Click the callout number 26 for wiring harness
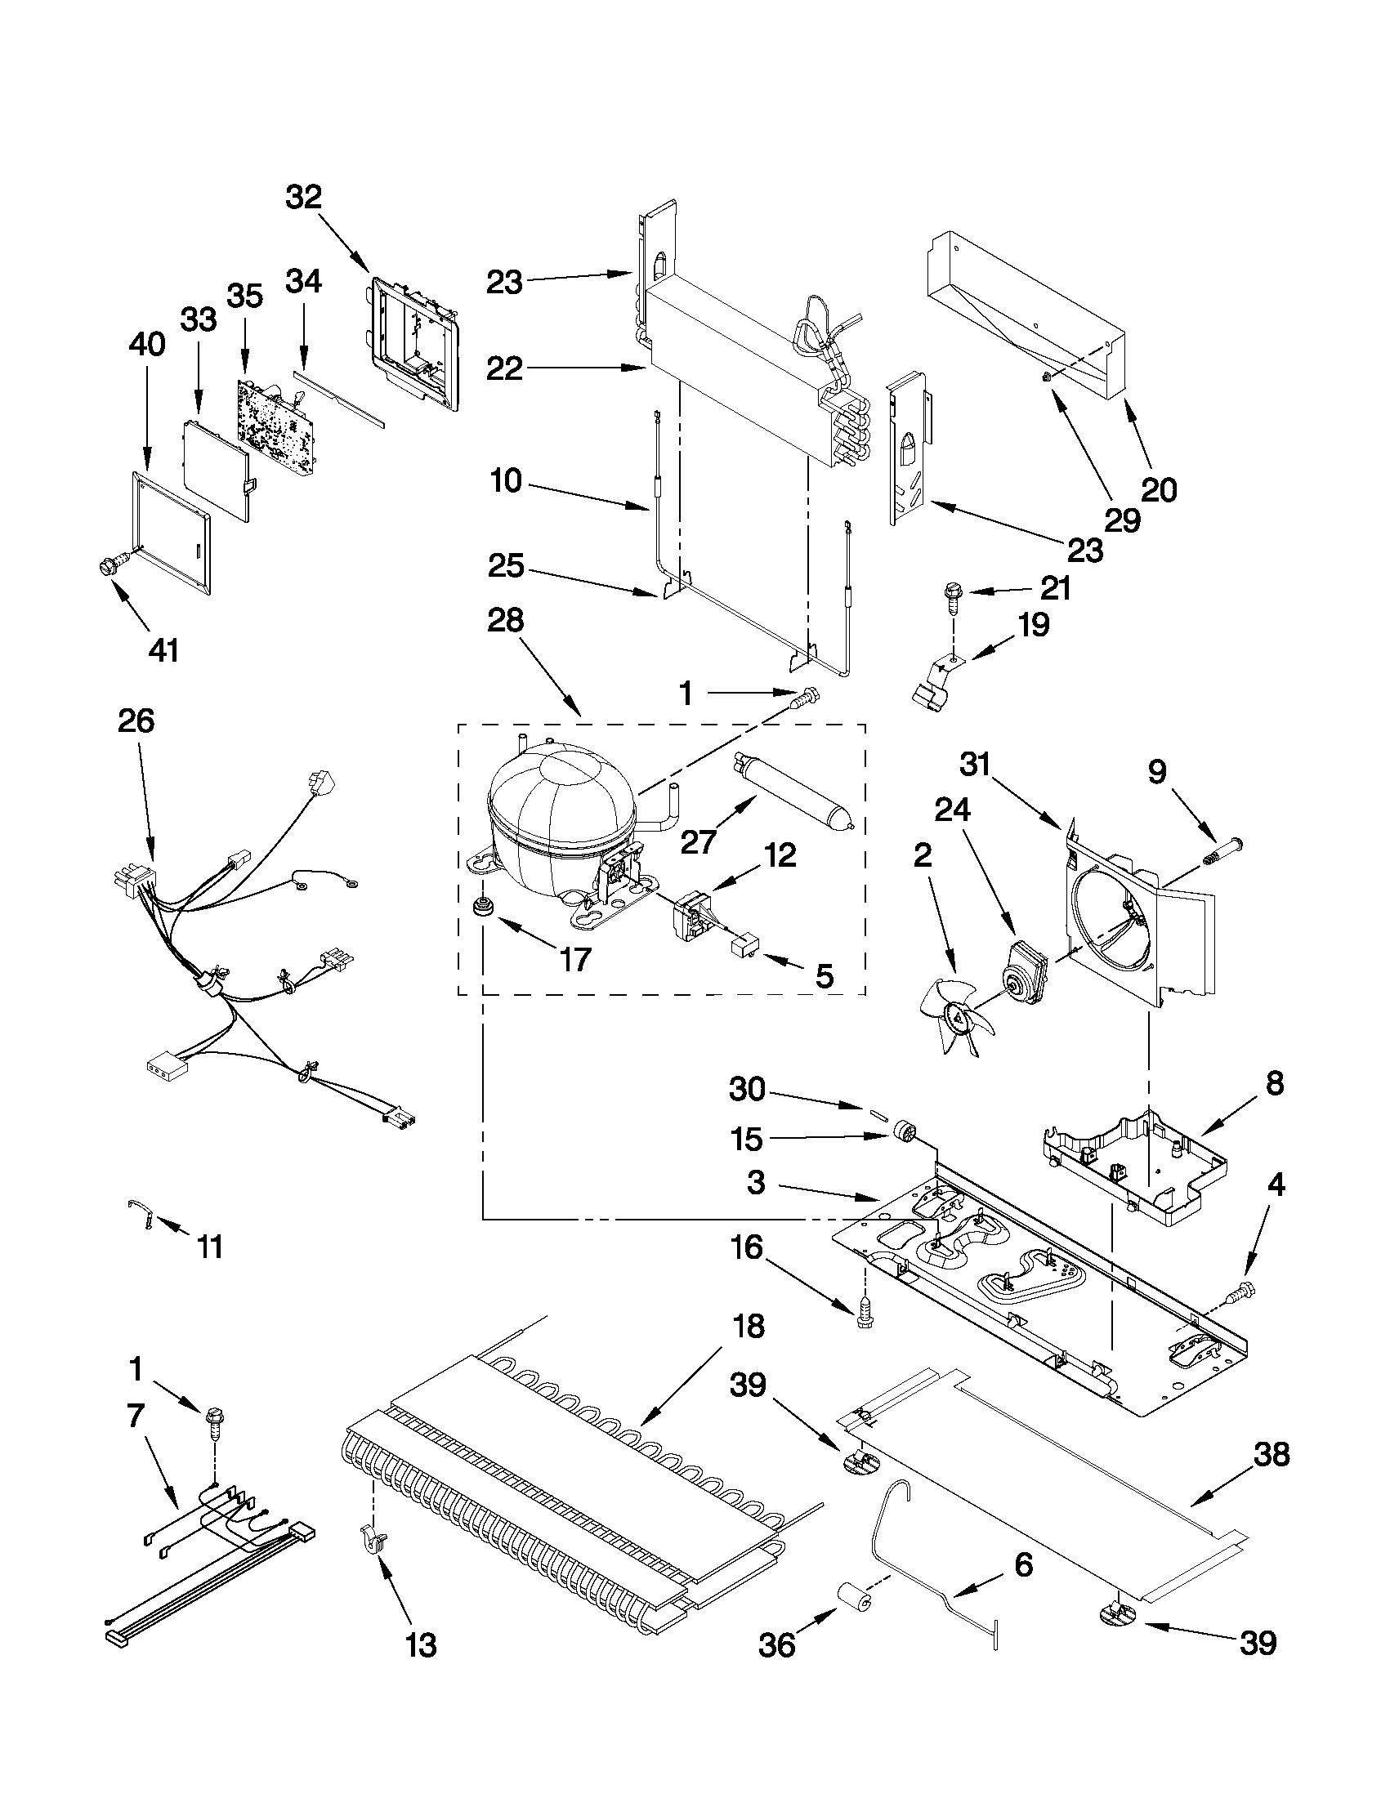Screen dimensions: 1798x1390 tap(136, 721)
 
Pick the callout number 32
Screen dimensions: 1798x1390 tap(303, 198)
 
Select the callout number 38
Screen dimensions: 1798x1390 tap(1271, 1455)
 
